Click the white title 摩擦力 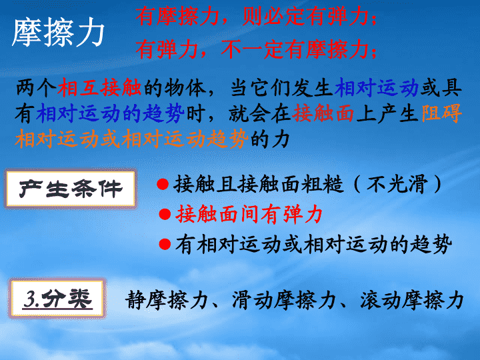coord(58,33)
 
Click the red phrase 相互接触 coord(99,88)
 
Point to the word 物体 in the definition coord(185,88)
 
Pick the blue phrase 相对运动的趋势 coord(110,113)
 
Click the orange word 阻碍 coord(441,113)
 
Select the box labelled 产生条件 coord(71,189)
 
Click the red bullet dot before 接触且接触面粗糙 coord(163,184)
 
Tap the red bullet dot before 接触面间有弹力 coord(165,214)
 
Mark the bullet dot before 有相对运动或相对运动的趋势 coord(165,244)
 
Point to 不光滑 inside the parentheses coord(397,184)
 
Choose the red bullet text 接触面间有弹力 coord(249,214)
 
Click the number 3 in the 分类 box coord(30,299)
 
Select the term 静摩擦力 coord(167,300)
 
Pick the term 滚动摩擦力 coord(412,300)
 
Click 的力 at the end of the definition coord(270,139)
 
